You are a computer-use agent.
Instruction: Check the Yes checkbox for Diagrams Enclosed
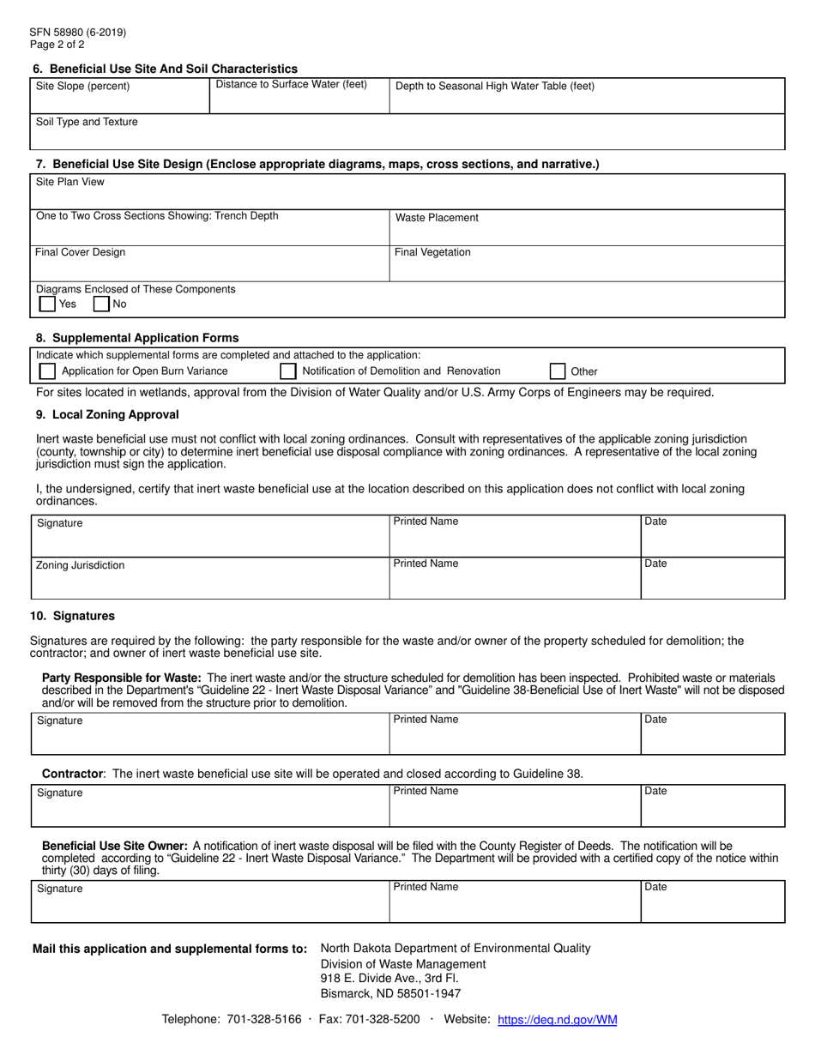tap(47, 304)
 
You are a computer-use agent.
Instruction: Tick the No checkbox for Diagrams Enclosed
tap(100, 304)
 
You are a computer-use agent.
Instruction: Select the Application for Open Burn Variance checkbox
tap(47, 371)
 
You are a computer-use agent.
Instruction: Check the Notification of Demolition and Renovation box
tap(288, 371)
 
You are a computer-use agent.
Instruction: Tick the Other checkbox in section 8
tap(557, 371)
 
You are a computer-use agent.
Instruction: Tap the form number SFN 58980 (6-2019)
tap(78, 33)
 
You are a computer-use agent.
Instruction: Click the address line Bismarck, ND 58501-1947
tap(390, 993)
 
